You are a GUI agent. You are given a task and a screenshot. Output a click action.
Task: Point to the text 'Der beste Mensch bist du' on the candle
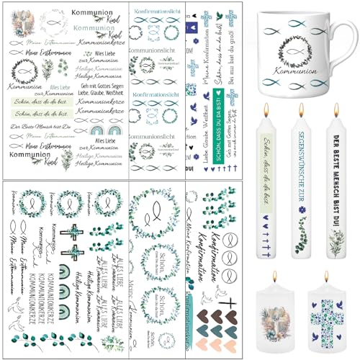(x=336, y=184)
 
